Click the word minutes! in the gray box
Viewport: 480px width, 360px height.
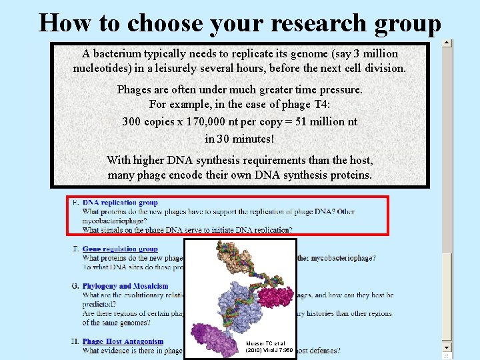(251, 139)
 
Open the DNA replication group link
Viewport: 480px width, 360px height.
(120, 203)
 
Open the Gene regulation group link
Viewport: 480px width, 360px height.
(120, 249)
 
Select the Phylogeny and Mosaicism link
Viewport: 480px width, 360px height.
(125, 286)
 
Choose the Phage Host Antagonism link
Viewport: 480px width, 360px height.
(123, 342)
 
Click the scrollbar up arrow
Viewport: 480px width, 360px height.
(447, 44)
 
